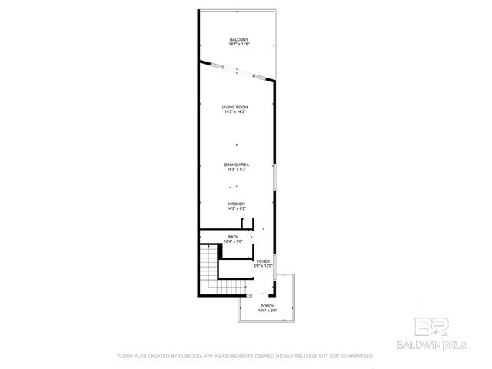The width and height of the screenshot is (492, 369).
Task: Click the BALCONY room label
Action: [x=238, y=39]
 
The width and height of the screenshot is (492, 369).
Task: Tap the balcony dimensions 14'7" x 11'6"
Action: [x=238, y=44]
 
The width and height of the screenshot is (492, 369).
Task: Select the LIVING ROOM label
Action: [x=234, y=108]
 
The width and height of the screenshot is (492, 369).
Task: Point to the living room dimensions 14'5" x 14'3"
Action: [x=234, y=112]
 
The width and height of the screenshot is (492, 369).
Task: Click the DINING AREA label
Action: [x=236, y=165]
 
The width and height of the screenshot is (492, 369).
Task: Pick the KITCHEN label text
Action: [x=235, y=204]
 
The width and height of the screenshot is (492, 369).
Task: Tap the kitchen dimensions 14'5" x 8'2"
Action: [x=235, y=208]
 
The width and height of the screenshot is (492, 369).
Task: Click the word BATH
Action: [x=233, y=237]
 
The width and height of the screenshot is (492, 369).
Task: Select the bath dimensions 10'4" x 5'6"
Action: [x=233, y=241]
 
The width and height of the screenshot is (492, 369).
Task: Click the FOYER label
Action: [x=264, y=261]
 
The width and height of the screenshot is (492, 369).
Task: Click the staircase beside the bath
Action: [x=208, y=269]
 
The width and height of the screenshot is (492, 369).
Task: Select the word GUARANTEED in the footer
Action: [x=355, y=357]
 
